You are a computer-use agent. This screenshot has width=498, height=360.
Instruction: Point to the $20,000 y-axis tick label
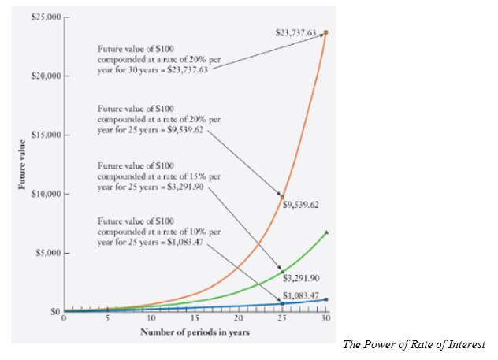click(43, 76)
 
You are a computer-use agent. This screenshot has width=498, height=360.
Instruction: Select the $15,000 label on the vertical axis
click(43, 135)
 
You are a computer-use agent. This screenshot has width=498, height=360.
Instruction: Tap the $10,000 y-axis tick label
click(43, 194)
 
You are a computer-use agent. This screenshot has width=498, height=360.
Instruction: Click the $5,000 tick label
click(46, 253)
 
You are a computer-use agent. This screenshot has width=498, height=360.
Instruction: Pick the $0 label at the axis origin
click(54, 312)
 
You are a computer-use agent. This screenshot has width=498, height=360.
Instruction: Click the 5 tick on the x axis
click(108, 320)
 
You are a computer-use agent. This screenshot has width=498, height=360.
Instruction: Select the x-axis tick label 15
click(195, 320)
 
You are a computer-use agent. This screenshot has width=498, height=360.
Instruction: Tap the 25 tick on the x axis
click(282, 320)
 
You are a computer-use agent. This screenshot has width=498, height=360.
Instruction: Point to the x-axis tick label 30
click(325, 320)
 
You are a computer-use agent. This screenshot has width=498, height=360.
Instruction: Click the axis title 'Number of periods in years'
click(195, 332)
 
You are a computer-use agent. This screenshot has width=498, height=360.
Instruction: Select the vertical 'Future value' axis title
click(15, 165)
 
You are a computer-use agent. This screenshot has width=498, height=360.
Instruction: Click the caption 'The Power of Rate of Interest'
click(414, 345)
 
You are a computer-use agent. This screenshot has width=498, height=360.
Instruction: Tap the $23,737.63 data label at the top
click(296, 32)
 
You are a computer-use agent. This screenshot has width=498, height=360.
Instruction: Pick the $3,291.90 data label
click(301, 278)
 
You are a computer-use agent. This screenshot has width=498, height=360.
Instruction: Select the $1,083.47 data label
click(301, 295)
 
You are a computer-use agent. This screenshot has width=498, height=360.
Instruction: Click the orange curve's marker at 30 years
click(326, 32)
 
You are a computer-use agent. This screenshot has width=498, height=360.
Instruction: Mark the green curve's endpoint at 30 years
click(326, 232)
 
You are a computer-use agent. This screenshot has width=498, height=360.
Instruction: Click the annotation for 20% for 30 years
click(153, 59)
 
